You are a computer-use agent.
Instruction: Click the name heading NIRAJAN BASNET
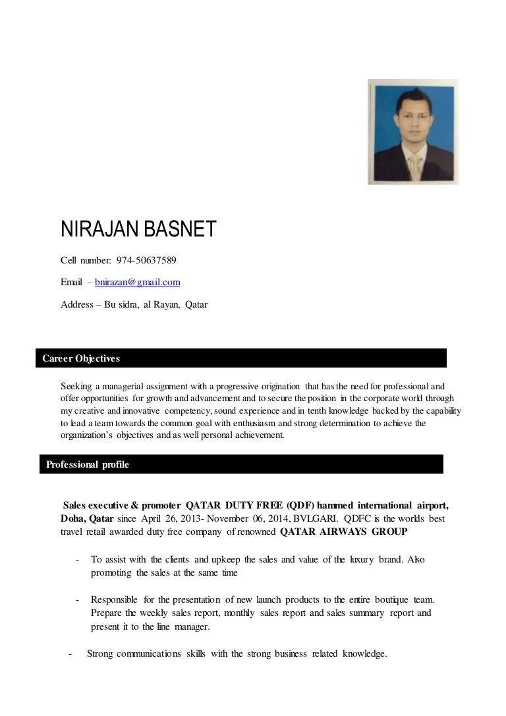pos(138,230)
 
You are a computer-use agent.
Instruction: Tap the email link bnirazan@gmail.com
pos(138,283)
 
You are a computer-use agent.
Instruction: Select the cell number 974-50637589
pos(146,260)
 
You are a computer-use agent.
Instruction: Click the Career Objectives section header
pos(81,358)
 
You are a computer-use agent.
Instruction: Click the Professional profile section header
pos(88,464)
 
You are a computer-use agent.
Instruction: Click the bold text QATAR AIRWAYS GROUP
pos(344,532)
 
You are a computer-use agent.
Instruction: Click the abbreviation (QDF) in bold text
pos(301,505)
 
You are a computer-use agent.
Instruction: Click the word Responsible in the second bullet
pos(114,599)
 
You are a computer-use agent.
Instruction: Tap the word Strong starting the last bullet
pos(101,653)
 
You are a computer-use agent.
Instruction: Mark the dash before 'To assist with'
pos(78,560)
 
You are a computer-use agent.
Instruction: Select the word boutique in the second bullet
pos(393,599)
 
